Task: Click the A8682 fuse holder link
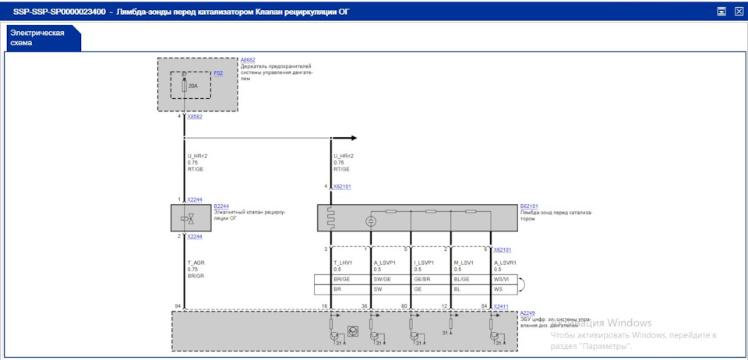tap(248, 59)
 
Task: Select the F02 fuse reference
tap(218, 73)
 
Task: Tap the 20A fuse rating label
tap(193, 86)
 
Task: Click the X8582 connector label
tap(195, 117)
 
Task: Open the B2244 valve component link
tap(221, 206)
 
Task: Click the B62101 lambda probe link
tap(530, 206)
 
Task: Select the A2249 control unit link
tap(527, 312)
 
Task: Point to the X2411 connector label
tap(501, 306)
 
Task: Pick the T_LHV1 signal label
tap(344, 263)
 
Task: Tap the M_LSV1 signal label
tap(464, 263)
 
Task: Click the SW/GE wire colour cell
tap(383, 279)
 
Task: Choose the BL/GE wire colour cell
tap(463, 279)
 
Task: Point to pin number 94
tap(178, 306)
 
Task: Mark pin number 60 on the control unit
tap(404, 306)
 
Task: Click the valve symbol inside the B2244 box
tap(187, 218)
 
